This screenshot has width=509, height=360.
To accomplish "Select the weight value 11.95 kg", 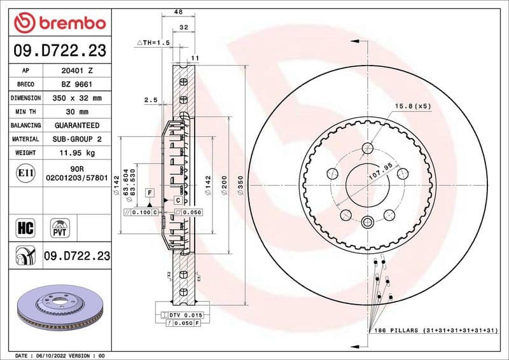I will click(77, 153).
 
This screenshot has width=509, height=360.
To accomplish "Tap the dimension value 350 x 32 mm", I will click(77, 98).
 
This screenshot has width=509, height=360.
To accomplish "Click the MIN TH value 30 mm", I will click(77, 112).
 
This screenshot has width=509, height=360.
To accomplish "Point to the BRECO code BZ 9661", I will click(77, 85).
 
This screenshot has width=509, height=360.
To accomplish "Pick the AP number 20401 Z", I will click(77, 71).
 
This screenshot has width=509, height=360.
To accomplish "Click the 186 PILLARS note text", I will click(433, 331).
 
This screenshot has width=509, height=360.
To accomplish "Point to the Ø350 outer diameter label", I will click(240, 184).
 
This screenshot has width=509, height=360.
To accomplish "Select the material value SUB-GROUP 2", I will click(77, 139).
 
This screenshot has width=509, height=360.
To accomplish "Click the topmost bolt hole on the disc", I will click(368, 149).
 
